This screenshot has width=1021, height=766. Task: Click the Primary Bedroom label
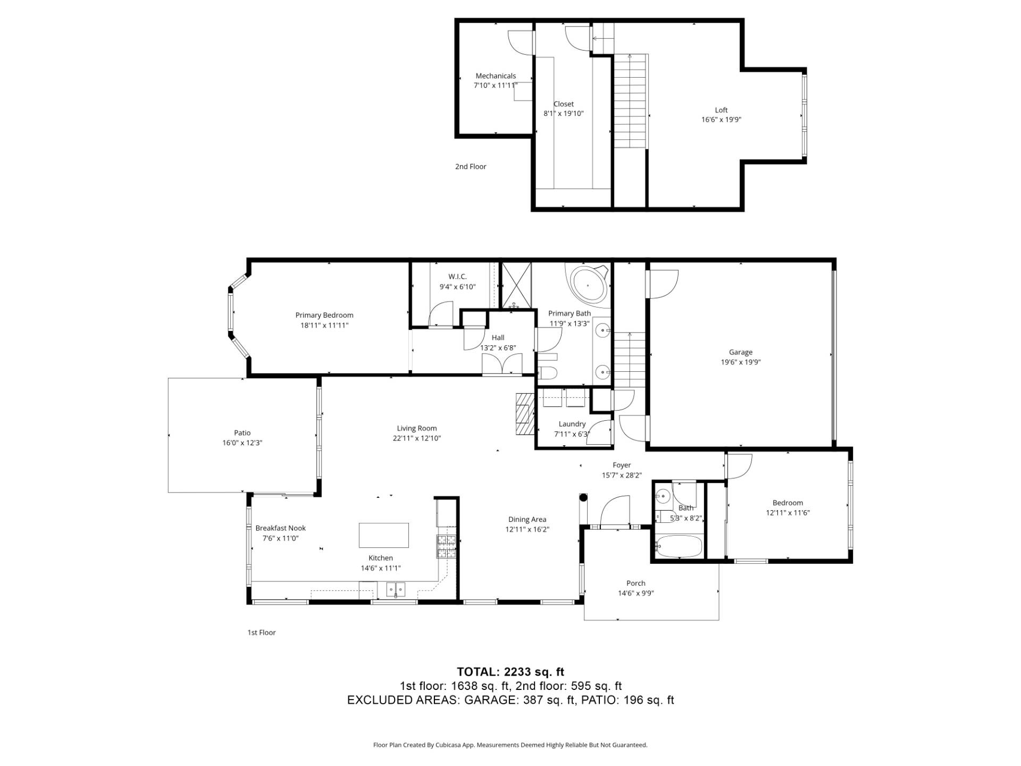324,315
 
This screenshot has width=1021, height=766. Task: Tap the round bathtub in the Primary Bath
588,285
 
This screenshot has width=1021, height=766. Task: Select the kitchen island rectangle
384,535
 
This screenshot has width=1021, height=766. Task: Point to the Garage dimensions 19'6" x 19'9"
741,362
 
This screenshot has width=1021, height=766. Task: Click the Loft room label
721,110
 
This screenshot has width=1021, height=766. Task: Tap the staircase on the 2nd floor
631,101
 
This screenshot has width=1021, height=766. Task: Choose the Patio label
242,433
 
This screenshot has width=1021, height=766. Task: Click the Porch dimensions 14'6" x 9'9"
636,594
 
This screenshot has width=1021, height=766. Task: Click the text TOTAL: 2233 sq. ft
510,672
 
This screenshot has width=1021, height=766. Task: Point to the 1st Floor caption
262,632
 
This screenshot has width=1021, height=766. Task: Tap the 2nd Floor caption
471,166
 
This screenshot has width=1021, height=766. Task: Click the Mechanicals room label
496,76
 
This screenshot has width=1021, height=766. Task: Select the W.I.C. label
457,277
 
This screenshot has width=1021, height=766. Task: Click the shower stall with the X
517,285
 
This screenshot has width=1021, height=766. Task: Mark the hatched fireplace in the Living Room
524,414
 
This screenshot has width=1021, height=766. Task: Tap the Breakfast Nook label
281,528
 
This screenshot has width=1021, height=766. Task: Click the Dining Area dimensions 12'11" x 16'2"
527,530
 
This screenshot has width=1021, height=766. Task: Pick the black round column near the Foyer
583,498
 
